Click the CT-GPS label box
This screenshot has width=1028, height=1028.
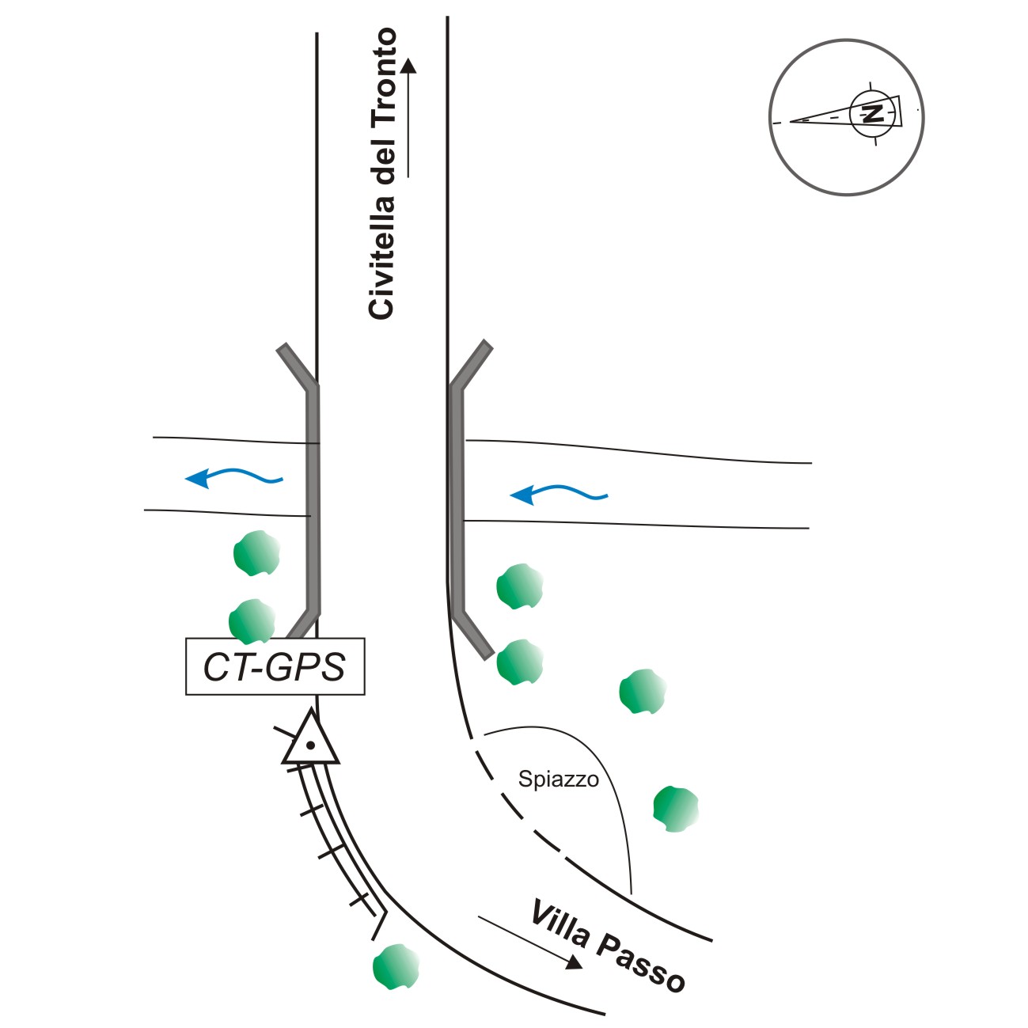275,666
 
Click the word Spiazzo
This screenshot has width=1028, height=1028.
558,780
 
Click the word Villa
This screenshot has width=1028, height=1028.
560,924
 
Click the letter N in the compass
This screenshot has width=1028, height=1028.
873,113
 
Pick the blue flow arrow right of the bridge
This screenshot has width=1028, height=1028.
558,495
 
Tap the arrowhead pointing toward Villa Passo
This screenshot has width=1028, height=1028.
575,962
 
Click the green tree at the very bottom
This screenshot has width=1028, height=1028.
395,966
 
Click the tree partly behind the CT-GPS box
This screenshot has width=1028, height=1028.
252,620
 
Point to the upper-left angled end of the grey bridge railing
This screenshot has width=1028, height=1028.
283,349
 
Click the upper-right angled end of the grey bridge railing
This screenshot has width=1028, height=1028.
487,346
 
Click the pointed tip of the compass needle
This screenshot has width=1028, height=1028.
792,121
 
